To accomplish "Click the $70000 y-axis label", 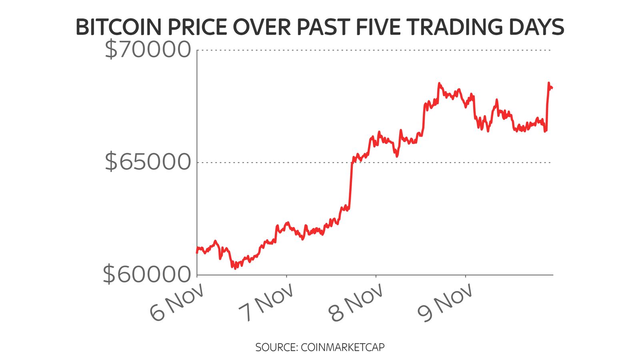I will [148, 50].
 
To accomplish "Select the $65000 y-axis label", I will [148, 162].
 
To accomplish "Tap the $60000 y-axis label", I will [147, 274].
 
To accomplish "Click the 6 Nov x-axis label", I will [177, 303].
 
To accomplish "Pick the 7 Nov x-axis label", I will [266, 303].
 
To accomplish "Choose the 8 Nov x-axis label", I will [356, 303].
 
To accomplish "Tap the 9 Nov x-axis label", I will [445, 303].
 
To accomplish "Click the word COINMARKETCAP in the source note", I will [342, 347].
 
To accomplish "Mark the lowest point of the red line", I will [235, 268].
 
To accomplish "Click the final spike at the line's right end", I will [548, 84].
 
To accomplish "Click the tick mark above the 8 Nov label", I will [376, 276].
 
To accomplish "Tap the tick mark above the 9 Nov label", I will [465, 276].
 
